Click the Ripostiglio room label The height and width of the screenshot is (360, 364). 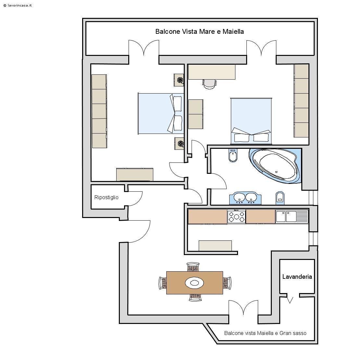tap(106, 197)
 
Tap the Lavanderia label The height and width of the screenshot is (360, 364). tap(297, 277)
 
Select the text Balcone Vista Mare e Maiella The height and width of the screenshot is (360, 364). tap(199, 32)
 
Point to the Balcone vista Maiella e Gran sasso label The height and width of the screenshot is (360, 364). tap(265, 333)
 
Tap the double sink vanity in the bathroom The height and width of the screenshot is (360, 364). tap(245, 198)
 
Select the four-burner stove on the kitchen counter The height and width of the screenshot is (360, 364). tap(236, 217)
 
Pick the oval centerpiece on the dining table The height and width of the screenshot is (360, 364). tap(195, 283)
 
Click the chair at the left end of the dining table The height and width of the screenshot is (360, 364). tap(162, 283)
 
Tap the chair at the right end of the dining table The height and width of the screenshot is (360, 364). tap(227, 283)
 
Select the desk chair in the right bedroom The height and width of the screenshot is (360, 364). tap(209, 84)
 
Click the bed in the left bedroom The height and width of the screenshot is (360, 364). tap(160, 113)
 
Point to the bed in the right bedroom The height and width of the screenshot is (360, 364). tap(251, 121)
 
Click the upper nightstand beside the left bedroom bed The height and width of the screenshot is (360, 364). tap(179, 80)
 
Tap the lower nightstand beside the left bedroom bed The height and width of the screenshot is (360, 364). tap(179, 143)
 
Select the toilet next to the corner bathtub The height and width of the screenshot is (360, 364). tap(232, 156)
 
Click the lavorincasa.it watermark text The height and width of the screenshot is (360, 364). tap(18, 6)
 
